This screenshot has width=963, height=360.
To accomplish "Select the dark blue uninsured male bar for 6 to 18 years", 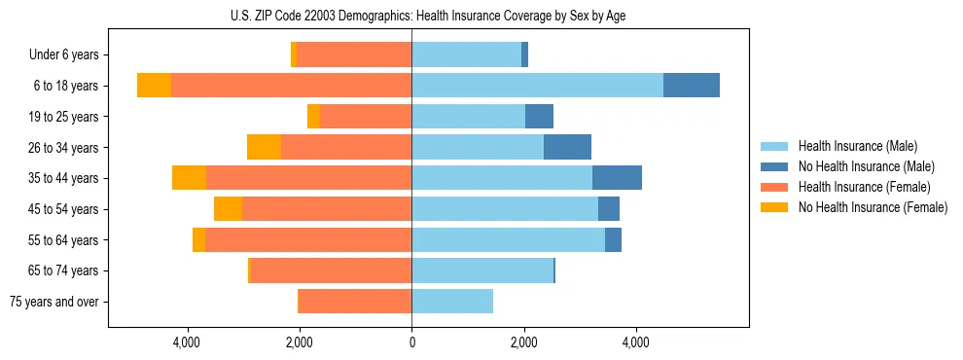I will [691, 86].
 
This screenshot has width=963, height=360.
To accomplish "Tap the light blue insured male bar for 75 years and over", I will [452, 302].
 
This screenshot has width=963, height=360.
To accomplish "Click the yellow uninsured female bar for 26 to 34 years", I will [264, 147].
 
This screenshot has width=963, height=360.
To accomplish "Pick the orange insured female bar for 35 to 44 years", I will [308, 178].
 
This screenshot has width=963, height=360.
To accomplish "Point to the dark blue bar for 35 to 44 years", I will [617, 178].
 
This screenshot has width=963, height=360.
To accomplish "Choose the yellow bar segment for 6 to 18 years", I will [154, 86].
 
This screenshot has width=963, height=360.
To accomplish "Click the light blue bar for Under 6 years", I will [466, 54].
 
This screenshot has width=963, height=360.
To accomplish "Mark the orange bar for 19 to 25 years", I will [365, 117].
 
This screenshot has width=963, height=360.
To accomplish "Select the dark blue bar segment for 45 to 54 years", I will [608, 209].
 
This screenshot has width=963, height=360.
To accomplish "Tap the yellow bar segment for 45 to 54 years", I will [228, 209].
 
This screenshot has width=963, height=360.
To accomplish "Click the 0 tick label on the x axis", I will [411, 342].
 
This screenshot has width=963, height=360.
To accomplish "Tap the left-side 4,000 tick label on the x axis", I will [187, 342].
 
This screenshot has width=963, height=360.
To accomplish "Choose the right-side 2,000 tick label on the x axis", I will [524, 342].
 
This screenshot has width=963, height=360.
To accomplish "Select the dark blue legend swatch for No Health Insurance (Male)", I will [774, 166].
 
